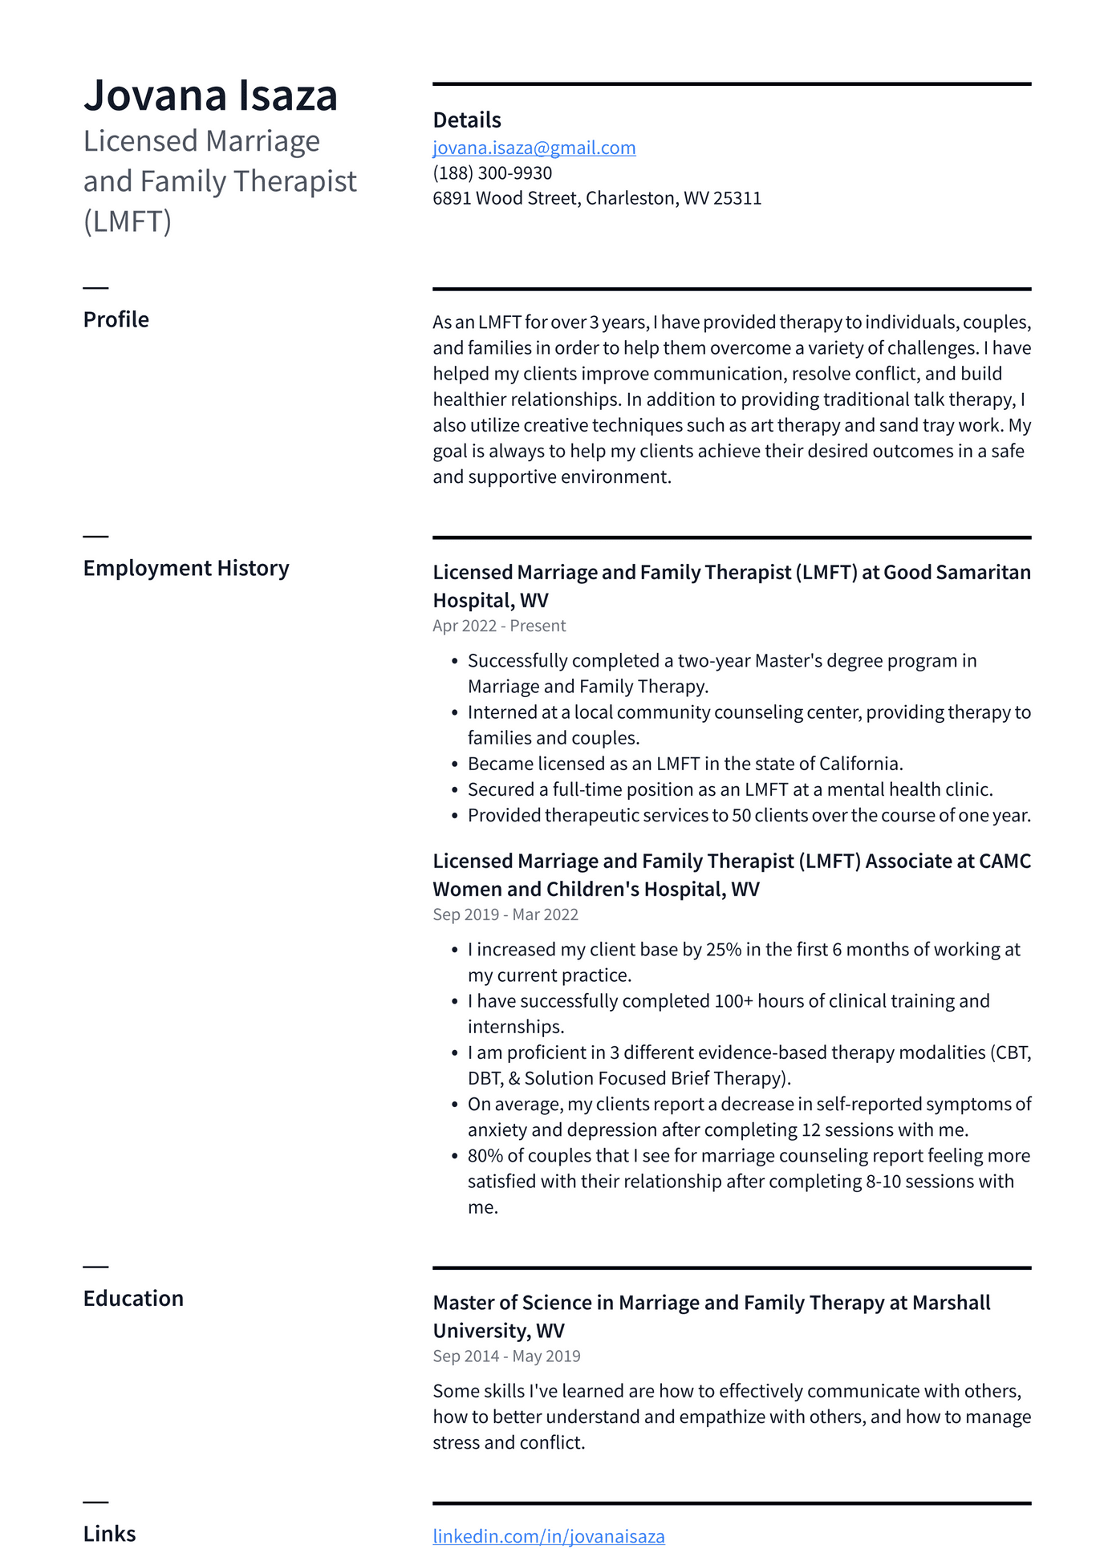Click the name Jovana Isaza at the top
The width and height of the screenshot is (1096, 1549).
click(x=210, y=95)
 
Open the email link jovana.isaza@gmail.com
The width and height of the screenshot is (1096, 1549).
click(x=534, y=148)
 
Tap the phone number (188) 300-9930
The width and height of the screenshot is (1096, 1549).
click(x=492, y=173)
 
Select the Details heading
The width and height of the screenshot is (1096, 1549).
click(x=466, y=120)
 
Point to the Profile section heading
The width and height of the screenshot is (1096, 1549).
click(x=116, y=319)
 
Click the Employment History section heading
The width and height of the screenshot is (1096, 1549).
click(x=185, y=568)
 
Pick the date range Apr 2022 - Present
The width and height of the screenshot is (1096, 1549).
click(x=499, y=626)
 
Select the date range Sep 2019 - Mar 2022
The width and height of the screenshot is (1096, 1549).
click(x=505, y=914)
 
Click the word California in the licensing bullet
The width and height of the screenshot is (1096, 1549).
click(x=859, y=764)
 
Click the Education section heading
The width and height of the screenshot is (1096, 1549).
click(x=133, y=1299)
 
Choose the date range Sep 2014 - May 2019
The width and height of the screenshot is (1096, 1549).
click(x=506, y=1356)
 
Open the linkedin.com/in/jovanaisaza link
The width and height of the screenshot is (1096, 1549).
click(x=548, y=1536)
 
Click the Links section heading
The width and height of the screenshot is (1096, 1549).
click(x=109, y=1534)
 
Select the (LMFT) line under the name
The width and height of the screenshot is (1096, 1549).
click(x=128, y=221)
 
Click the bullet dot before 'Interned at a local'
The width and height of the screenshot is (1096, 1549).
click(x=455, y=713)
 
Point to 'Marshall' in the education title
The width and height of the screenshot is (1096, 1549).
click(x=951, y=1303)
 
